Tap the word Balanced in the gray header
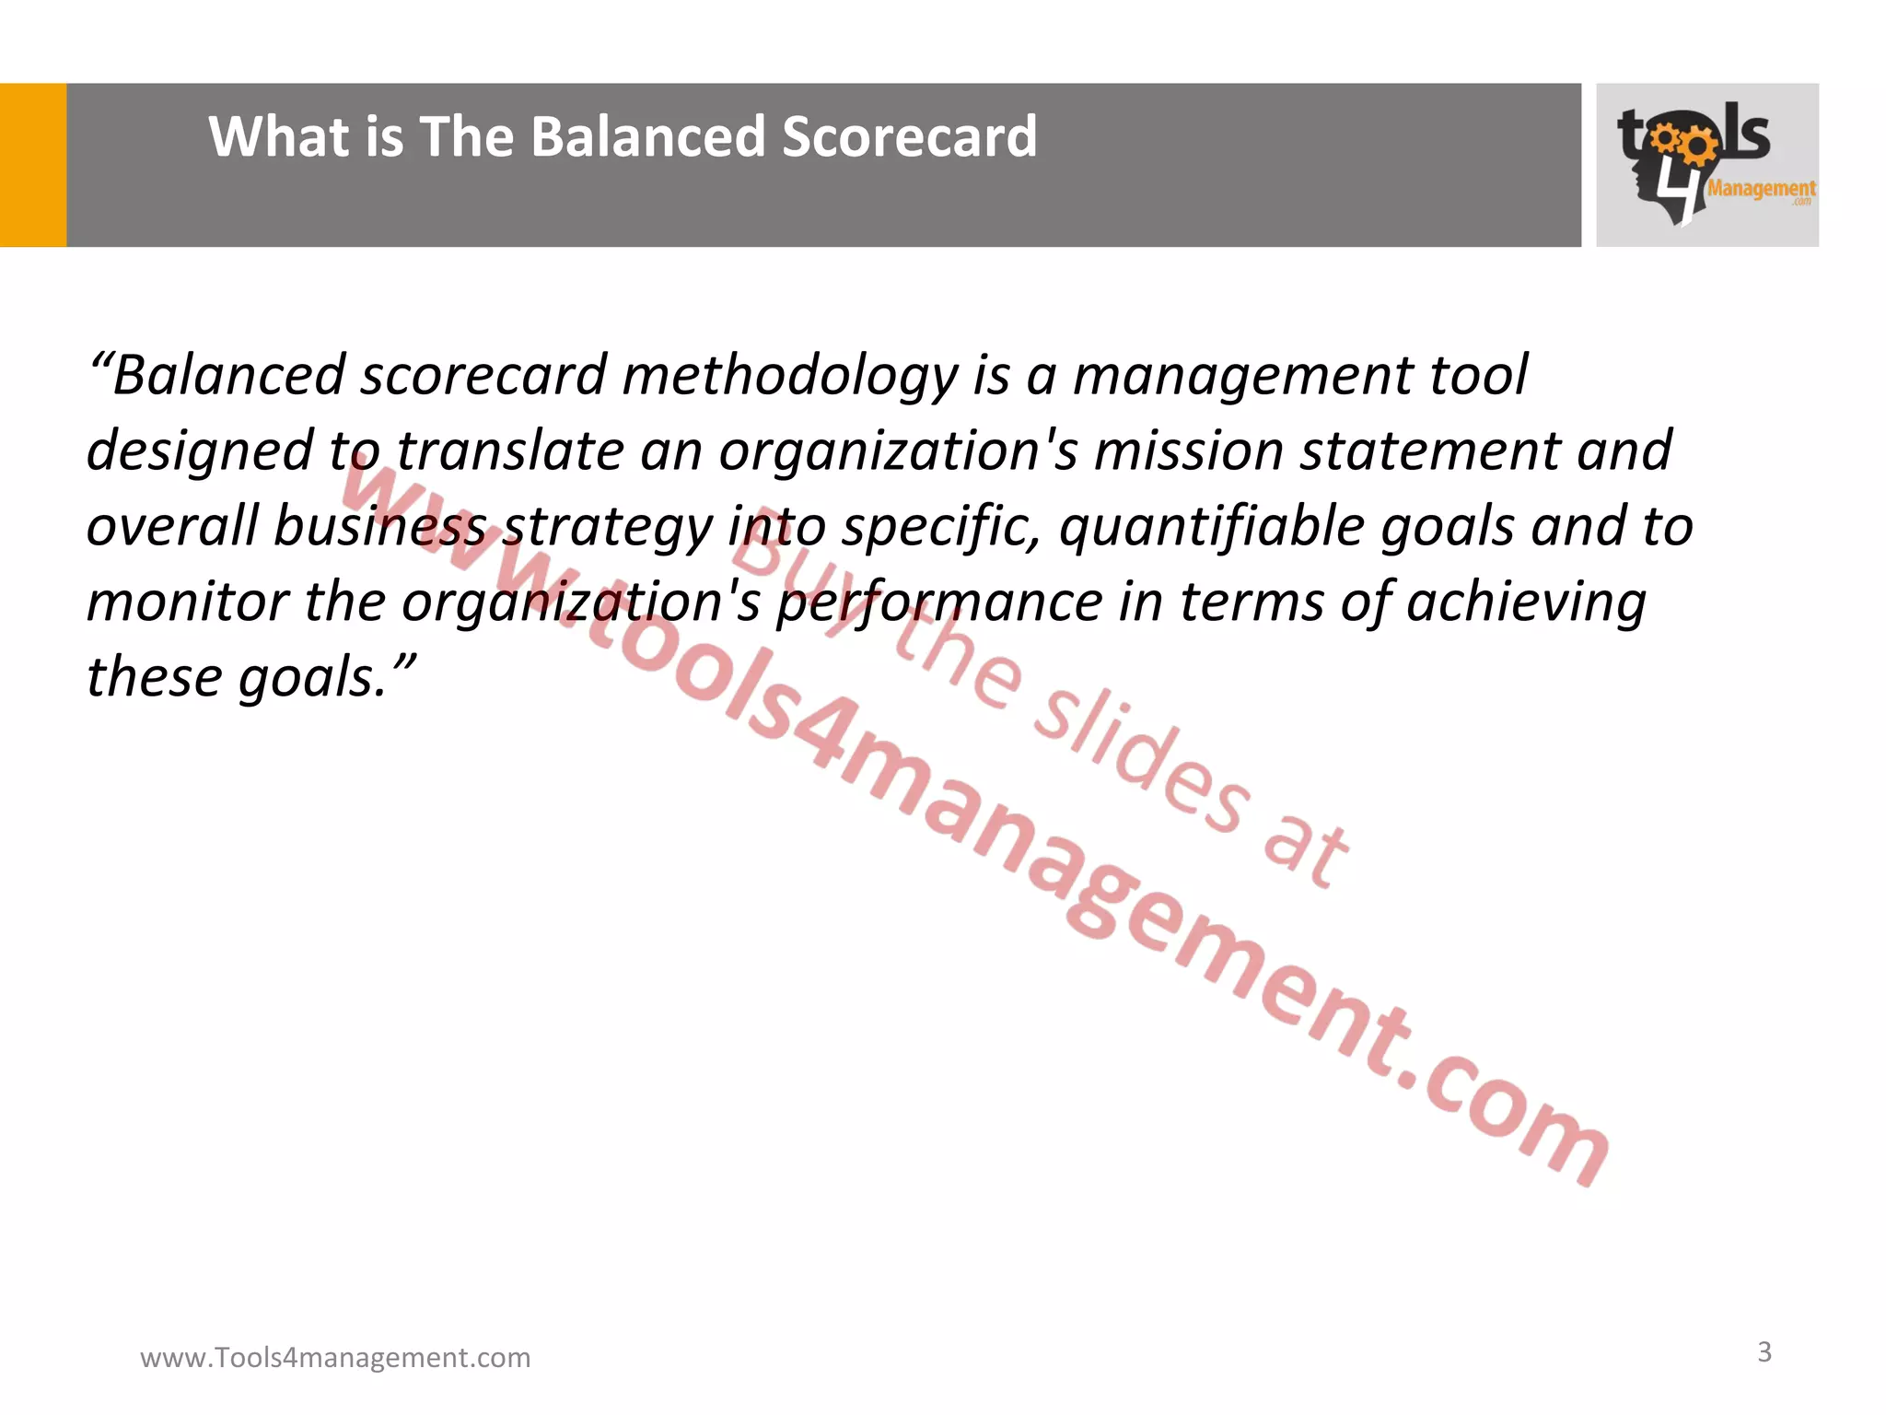[648, 137]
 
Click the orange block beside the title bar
[33, 165]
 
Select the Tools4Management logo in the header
[1706, 165]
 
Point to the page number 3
[1764, 1351]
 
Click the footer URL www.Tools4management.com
[335, 1357]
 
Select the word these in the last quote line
[155, 677]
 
